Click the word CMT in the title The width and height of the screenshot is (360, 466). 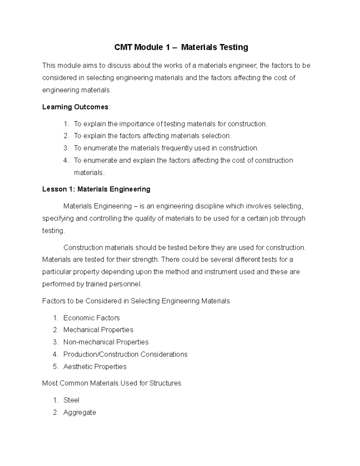pos(123,47)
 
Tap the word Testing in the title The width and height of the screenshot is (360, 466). pos(234,47)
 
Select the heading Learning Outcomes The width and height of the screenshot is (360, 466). pos(75,107)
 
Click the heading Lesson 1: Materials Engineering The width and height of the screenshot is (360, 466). pos(96,189)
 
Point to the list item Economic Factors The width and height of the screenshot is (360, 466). pos(91,318)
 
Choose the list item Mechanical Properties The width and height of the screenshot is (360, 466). pos(98,330)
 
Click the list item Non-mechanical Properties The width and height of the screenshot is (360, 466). pos(106,342)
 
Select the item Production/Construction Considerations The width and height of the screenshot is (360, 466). pos(125,354)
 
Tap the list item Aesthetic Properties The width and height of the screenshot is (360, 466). pos(95,367)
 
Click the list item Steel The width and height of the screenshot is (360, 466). pos(71,400)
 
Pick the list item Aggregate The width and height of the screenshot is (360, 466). pos(79,413)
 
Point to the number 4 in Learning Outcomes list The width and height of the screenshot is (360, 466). pos(66,161)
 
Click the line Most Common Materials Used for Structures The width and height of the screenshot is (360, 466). pos(112,383)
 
